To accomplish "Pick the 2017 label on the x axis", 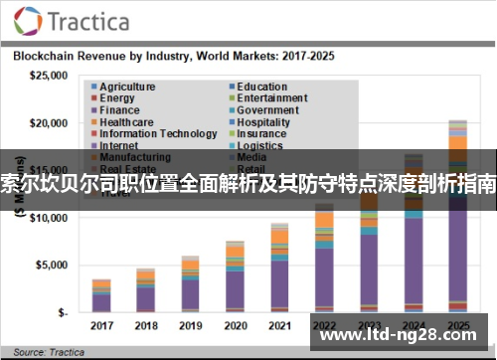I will (x=102, y=325).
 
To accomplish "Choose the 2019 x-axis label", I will (x=191, y=325).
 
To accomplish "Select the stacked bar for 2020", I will (x=236, y=277).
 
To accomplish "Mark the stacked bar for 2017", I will (x=102, y=296).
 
